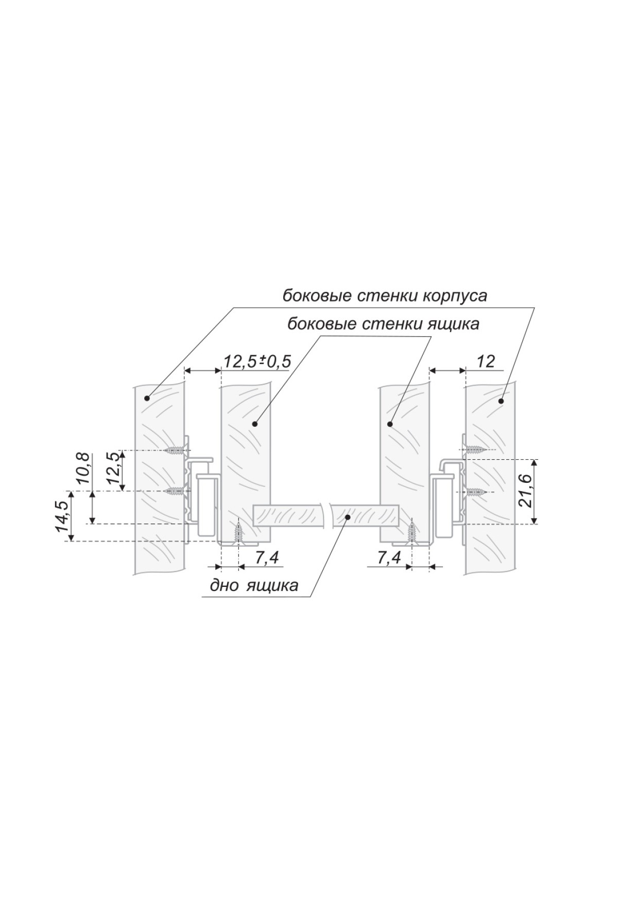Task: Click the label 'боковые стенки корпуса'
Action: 384,297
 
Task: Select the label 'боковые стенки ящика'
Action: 383,324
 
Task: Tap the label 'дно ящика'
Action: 254,585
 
